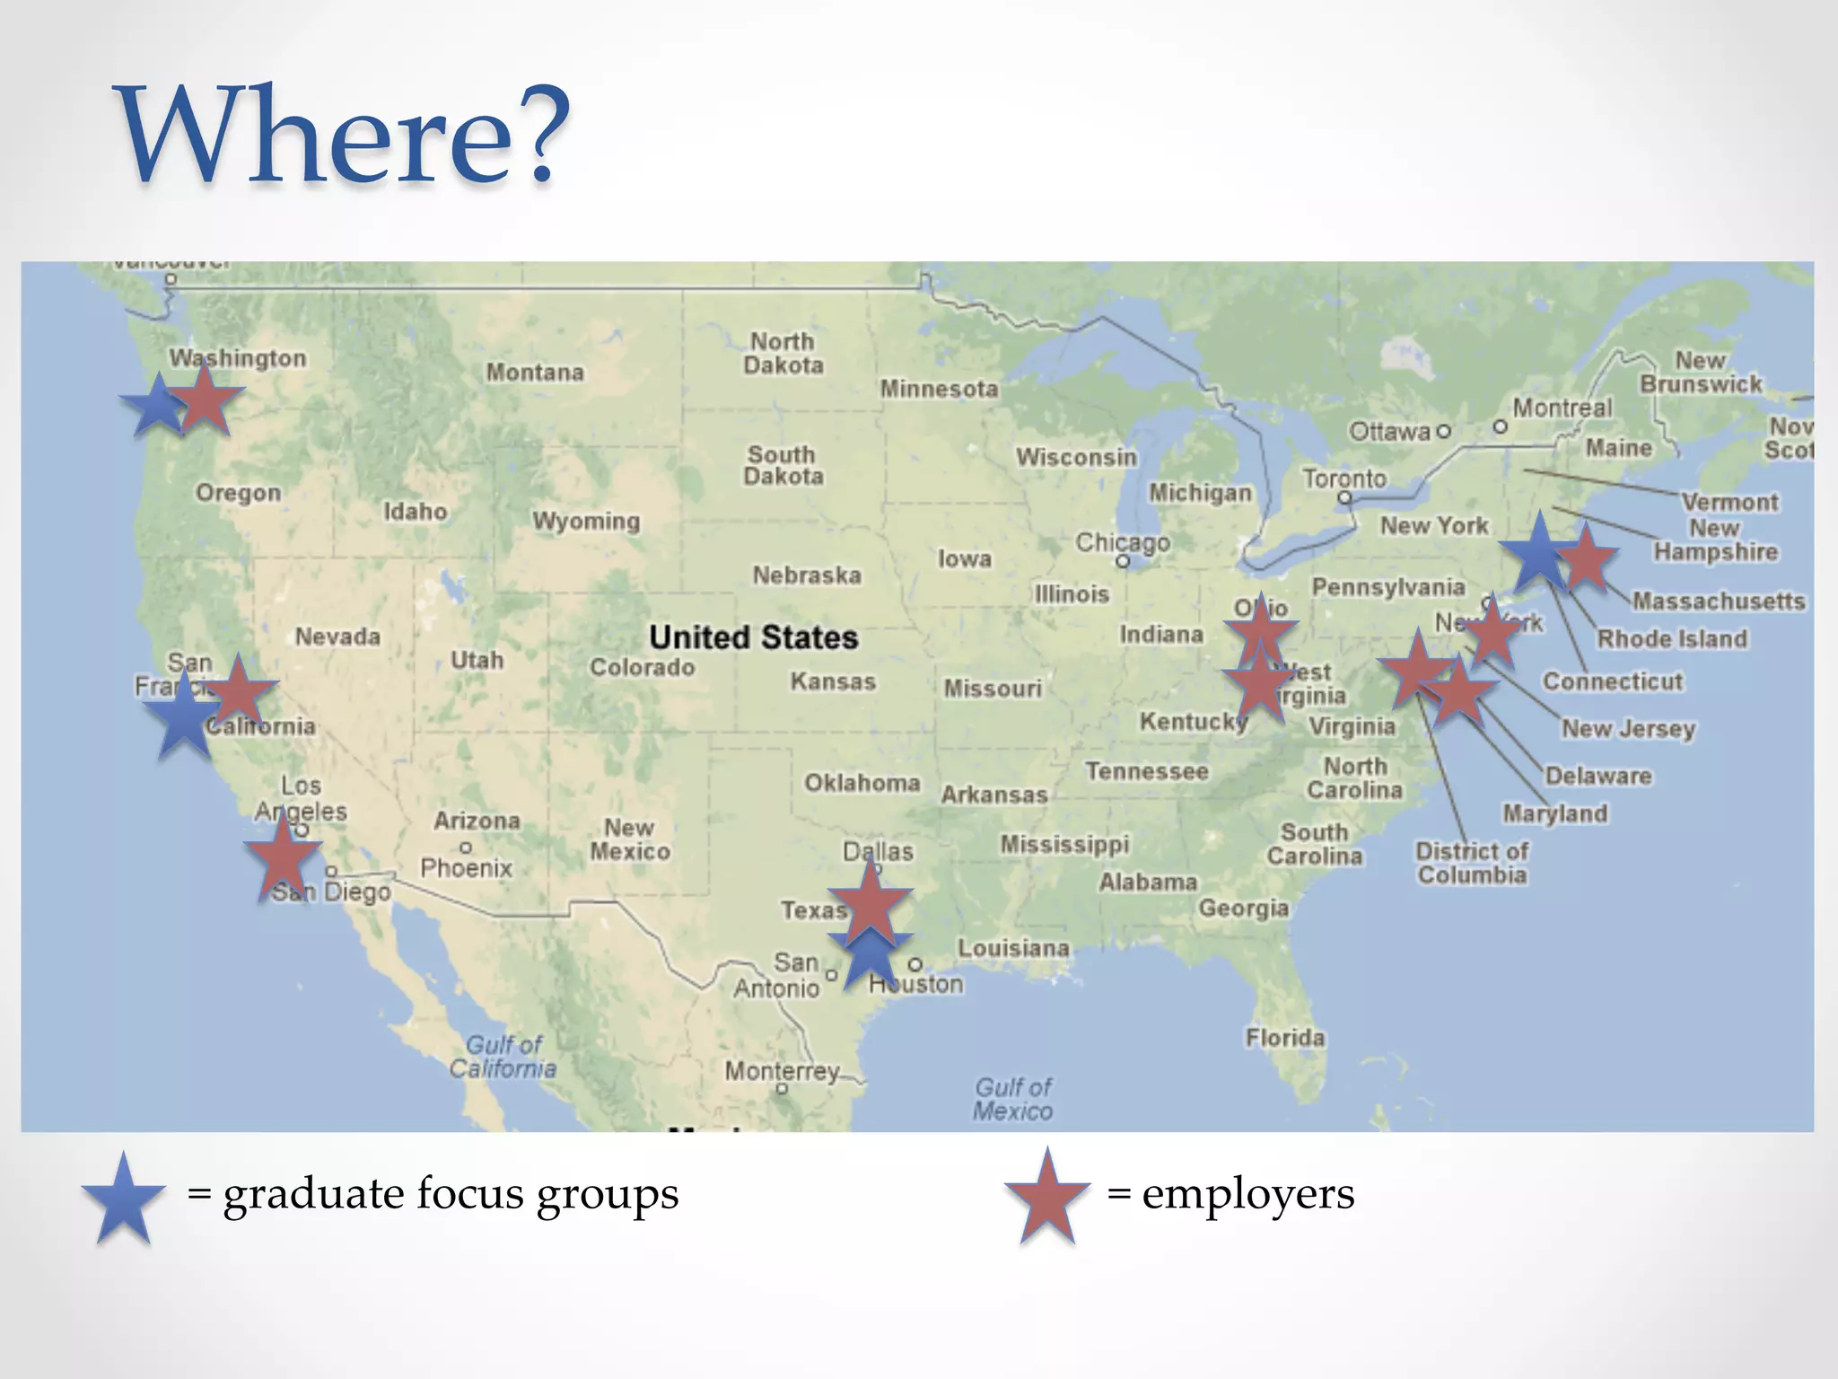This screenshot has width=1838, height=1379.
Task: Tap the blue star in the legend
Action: [124, 1199]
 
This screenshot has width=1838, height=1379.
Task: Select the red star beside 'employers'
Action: [1047, 1197]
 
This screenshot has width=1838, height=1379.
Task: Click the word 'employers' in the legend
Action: [1247, 1194]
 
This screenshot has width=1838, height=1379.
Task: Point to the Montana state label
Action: [535, 372]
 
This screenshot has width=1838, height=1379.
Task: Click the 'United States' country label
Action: [753, 637]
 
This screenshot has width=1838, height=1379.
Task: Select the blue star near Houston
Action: [870, 959]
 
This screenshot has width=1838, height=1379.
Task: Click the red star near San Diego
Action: [283, 855]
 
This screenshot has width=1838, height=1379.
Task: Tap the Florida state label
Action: [1284, 1038]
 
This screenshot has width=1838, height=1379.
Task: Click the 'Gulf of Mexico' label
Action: [1013, 1099]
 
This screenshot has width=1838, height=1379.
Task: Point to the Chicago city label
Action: [1123, 542]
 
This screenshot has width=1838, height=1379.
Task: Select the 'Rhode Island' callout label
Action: [1672, 638]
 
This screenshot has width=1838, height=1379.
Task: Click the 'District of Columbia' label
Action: [1472, 863]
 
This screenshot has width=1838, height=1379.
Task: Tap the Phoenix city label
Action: [466, 867]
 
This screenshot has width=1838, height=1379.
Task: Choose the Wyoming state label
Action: [586, 521]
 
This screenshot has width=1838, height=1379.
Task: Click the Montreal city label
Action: [1562, 408]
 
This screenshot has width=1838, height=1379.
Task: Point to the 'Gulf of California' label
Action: [503, 1057]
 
